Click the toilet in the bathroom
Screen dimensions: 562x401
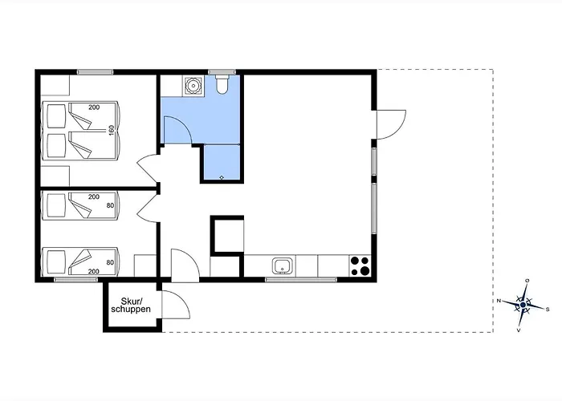(x=222, y=84)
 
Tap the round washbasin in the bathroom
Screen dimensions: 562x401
(x=193, y=86)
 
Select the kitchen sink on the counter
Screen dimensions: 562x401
(x=283, y=266)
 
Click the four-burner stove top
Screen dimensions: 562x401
(x=360, y=265)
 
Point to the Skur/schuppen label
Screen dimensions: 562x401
(x=131, y=305)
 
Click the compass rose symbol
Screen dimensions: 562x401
(x=523, y=305)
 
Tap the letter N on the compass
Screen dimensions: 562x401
(x=499, y=301)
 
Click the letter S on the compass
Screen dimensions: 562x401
(x=548, y=310)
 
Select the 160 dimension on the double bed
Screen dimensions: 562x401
(x=112, y=130)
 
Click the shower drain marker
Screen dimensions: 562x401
(x=222, y=177)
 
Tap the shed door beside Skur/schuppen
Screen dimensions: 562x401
(x=175, y=304)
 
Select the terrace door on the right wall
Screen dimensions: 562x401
(x=391, y=124)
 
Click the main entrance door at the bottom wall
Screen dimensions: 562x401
(x=185, y=265)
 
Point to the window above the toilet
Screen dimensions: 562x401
(x=222, y=72)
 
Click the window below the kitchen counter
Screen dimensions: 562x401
(x=301, y=280)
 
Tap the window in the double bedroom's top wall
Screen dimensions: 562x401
(x=95, y=72)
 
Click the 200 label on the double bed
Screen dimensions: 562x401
(x=94, y=107)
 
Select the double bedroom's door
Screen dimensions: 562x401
(x=148, y=168)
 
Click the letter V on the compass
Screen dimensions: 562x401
(x=519, y=330)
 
